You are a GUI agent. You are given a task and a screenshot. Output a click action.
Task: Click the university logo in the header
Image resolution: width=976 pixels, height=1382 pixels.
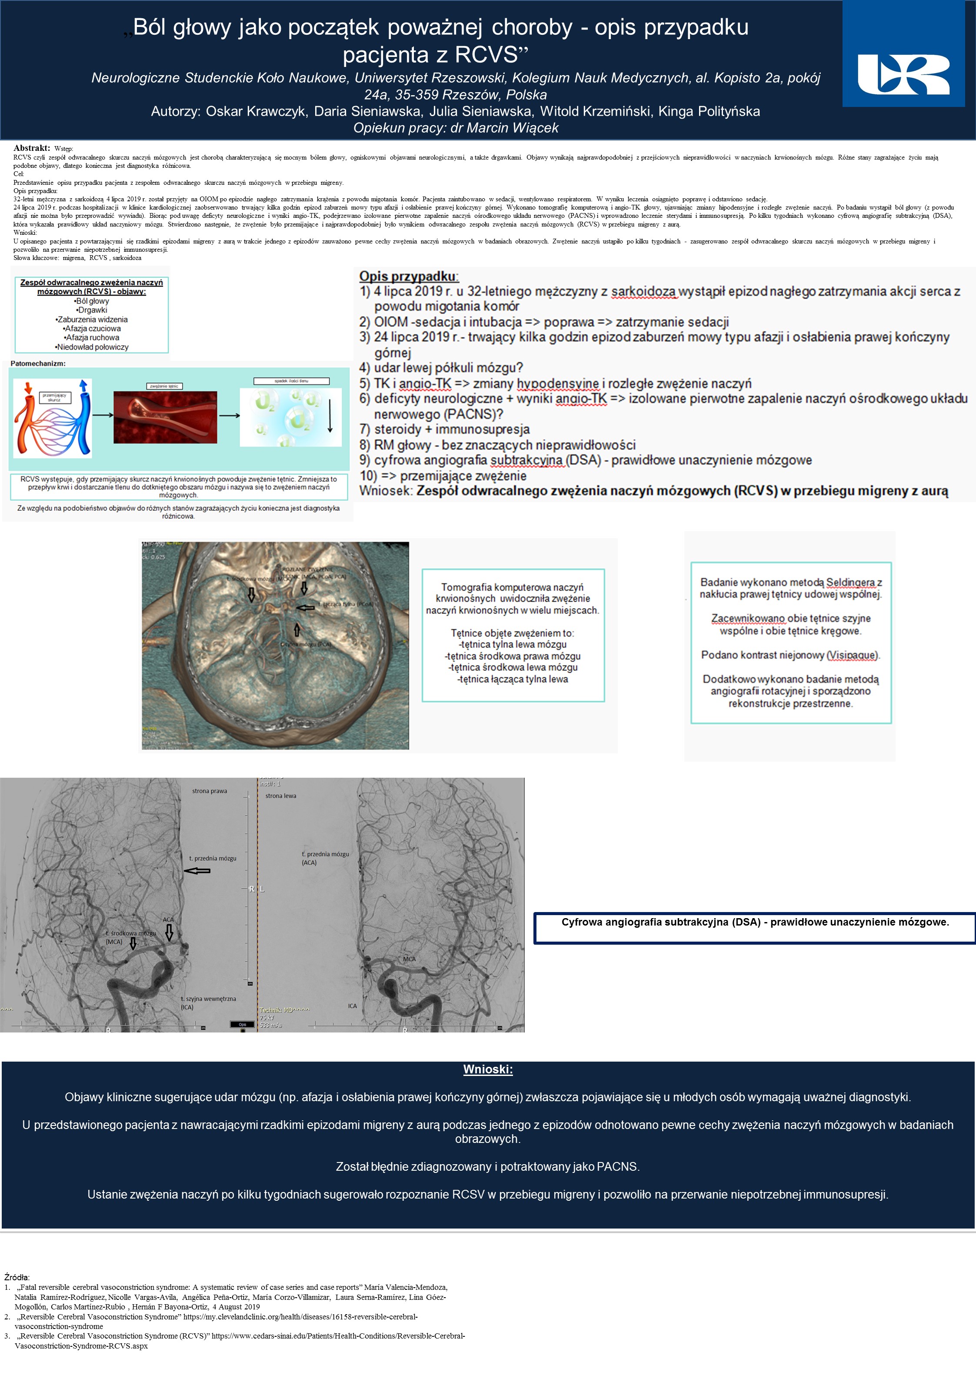(903, 75)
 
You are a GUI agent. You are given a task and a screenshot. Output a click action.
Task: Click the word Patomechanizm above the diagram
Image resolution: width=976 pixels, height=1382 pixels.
(38, 363)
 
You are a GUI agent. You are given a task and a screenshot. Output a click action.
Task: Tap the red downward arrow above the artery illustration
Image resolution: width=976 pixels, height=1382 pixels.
(27, 388)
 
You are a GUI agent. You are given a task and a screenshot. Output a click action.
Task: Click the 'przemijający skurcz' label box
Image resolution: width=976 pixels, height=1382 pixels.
(54, 397)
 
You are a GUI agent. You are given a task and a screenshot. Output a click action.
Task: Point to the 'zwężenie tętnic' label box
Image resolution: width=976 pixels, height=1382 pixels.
(164, 386)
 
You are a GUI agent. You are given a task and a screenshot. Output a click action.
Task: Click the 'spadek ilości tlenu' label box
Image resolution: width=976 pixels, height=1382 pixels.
(291, 381)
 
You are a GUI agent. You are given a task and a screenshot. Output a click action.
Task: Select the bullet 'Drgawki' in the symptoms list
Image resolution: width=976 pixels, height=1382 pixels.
(92, 310)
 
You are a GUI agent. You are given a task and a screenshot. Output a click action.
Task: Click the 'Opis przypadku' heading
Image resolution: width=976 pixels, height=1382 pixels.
(408, 276)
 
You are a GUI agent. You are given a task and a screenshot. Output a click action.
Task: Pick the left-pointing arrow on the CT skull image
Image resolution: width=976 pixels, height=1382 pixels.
(306, 608)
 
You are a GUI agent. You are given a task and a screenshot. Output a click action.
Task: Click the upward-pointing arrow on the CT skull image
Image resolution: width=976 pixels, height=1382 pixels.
(296, 629)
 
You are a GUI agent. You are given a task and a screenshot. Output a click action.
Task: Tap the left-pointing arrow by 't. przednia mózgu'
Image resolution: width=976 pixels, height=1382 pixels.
(197, 871)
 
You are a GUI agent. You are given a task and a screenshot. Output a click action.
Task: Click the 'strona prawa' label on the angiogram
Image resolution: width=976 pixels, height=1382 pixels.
(210, 791)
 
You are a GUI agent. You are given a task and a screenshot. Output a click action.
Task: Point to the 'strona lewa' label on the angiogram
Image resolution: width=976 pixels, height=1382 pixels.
(280, 796)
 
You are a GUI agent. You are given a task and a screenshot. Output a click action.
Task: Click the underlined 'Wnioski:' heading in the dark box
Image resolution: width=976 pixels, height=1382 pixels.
(488, 1069)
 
